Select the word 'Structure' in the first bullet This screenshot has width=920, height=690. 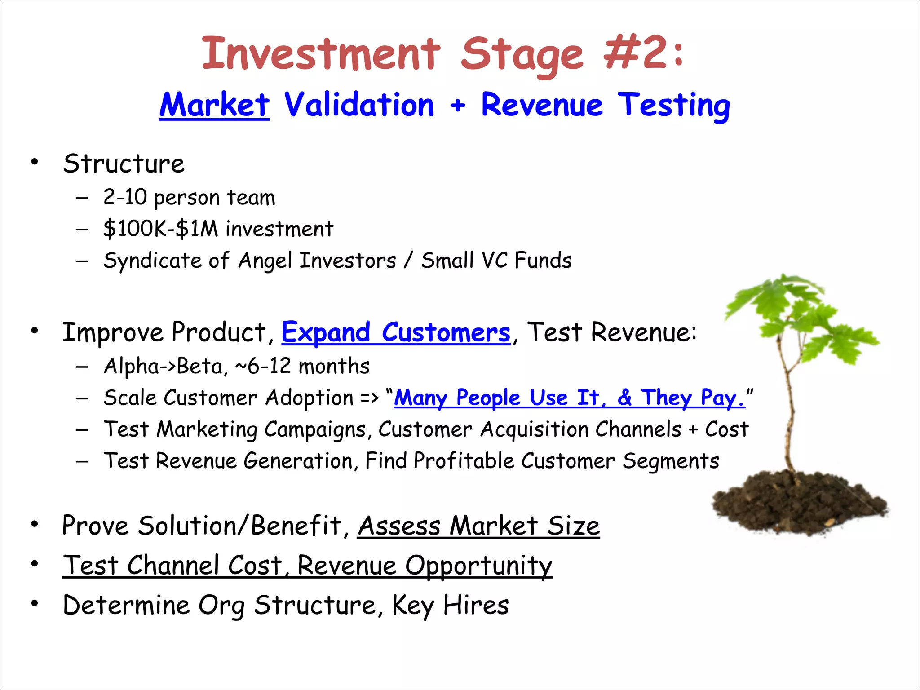click(x=124, y=164)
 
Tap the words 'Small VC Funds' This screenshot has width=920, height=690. click(x=496, y=261)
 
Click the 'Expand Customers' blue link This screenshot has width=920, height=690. click(x=396, y=332)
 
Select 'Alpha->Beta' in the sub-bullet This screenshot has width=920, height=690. click(x=163, y=366)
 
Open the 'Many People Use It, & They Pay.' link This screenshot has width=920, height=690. click(x=569, y=398)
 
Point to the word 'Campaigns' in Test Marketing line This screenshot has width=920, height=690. click(x=315, y=429)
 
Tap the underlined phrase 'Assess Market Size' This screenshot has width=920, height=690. click(x=478, y=526)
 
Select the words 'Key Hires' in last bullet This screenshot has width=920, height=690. click(x=450, y=605)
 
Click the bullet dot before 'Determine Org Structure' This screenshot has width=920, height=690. click(x=35, y=603)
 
